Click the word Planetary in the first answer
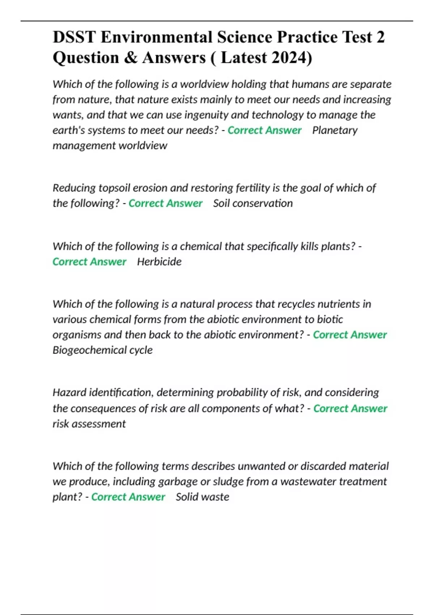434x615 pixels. coord(335,130)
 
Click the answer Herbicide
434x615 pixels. coord(159,262)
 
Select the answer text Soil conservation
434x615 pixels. coord(253,203)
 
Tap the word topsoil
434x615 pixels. coord(115,188)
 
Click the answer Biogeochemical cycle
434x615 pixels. coord(102,350)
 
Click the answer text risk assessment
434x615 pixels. coord(89,424)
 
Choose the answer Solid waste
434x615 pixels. coord(202,497)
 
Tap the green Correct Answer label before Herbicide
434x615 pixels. coord(89,262)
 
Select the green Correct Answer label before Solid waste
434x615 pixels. coord(128,497)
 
